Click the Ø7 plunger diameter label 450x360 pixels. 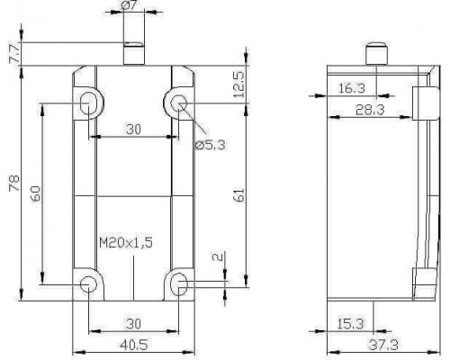[x=130, y=5]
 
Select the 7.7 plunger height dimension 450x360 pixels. [x=14, y=53]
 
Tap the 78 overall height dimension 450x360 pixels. [x=14, y=183]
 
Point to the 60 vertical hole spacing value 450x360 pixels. [x=35, y=193]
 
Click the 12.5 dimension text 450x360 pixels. [x=239, y=85]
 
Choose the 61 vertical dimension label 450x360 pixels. [x=239, y=195]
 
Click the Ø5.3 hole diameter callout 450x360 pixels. [x=210, y=145]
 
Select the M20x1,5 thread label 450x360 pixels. [x=126, y=242]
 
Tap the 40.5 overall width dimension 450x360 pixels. [x=134, y=345]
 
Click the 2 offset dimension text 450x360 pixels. [x=218, y=256]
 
